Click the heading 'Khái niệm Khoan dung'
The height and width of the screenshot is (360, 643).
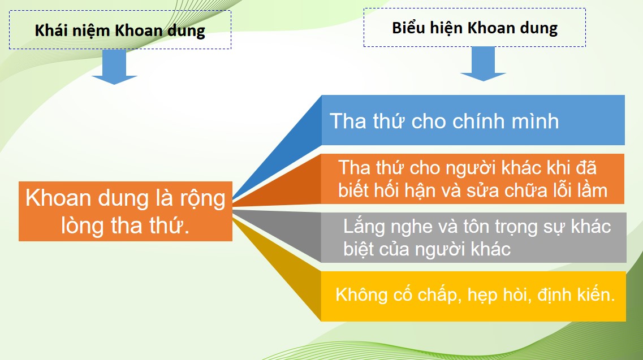click(120, 31)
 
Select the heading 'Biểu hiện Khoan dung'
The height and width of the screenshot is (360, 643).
click(474, 28)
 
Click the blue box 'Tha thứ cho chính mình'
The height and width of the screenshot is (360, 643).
click(473, 120)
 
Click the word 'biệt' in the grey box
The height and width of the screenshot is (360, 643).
click(359, 249)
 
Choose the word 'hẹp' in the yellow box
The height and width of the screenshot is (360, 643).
click(482, 296)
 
